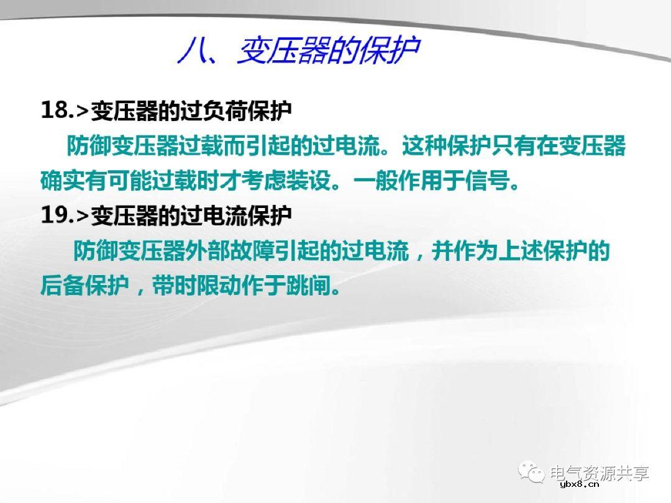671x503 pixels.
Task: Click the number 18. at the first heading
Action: [57, 110]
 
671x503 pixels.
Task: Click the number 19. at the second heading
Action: [57, 215]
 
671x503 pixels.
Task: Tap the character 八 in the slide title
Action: [190, 52]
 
